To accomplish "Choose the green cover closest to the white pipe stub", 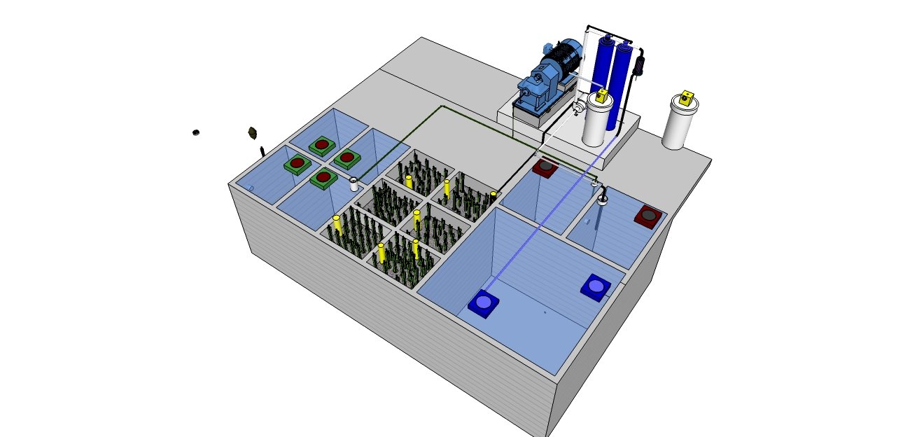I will pyautogui.click(x=323, y=178).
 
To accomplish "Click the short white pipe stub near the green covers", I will pyautogui.click(x=355, y=185).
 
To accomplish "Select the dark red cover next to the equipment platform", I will pyautogui.click(x=545, y=167).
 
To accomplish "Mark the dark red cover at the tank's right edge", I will pyautogui.click(x=648, y=216).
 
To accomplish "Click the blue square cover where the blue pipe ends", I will pyautogui.click(x=484, y=303).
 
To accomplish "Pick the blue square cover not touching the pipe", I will pyautogui.click(x=595, y=286).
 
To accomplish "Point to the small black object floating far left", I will pyautogui.click(x=197, y=132).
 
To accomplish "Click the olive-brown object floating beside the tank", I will pyautogui.click(x=253, y=132).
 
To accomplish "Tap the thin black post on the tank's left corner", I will pyautogui.click(x=262, y=151).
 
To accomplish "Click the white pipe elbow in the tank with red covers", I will pyautogui.click(x=602, y=198).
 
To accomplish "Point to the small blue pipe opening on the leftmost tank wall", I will pyautogui.click(x=251, y=188).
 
